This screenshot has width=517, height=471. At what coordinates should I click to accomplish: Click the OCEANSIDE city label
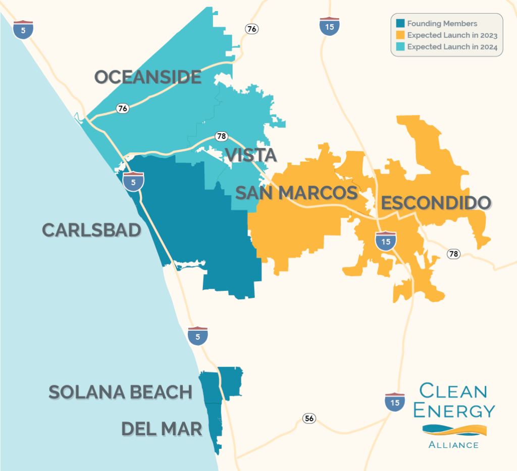[x=148, y=77]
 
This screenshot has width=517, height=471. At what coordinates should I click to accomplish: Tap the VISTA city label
[x=251, y=155]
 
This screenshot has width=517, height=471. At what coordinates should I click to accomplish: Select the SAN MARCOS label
[x=296, y=192]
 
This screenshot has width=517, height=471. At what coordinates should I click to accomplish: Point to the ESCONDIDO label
[x=436, y=203]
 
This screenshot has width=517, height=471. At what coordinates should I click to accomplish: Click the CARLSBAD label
[x=91, y=230]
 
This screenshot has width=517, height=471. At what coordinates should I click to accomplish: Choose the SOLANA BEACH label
[x=120, y=392]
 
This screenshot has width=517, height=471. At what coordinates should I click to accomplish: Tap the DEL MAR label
[x=162, y=429]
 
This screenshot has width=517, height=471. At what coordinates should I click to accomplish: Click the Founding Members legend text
[x=442, y=24]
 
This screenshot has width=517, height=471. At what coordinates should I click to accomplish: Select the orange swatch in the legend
[x=400, y=35]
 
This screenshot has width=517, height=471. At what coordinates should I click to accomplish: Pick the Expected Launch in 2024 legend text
[x=452, y=47]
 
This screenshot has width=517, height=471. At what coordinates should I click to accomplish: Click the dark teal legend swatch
[x=400, y=24]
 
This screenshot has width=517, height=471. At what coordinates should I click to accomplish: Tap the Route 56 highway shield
[x=309, y=418]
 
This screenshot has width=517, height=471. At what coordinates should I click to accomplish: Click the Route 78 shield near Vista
[x=221, y=136]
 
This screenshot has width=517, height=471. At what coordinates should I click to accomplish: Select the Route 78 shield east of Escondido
[x=454, y=254]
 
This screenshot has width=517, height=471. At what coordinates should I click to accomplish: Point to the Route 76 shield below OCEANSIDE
[x=122, y=108]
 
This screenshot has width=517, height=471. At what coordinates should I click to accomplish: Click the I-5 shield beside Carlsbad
[x=133, y=181]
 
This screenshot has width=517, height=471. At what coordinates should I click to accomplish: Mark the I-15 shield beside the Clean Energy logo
[x=393, y=402]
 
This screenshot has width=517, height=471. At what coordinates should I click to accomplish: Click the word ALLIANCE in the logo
[x=453, y=445]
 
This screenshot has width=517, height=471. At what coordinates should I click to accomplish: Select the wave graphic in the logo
[x=454, y=430]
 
